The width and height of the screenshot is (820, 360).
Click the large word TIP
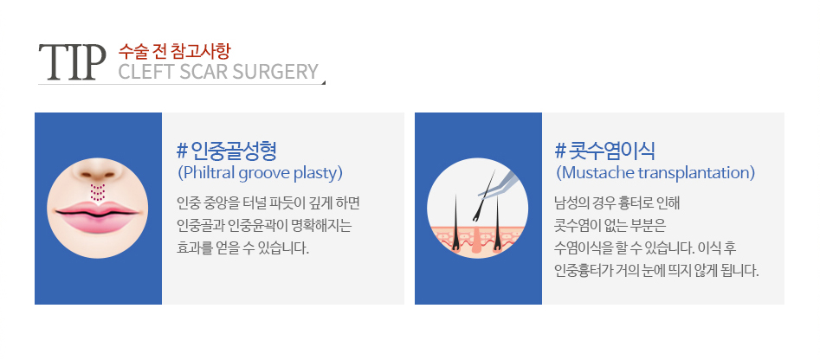click(68, 62)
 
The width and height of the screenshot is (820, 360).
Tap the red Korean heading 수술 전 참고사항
click(174, 51)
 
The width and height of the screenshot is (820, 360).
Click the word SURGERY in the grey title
click(275, 72)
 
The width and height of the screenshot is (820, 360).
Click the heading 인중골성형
click(234, 151)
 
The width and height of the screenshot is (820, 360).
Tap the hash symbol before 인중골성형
click(183, 151)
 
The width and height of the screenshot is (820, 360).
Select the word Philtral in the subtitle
click(207, 173)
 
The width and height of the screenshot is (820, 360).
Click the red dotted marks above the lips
click(98, 192)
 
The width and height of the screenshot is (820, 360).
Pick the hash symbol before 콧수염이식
click(560, 151)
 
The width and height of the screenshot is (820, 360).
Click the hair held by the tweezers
click(483, 196)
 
